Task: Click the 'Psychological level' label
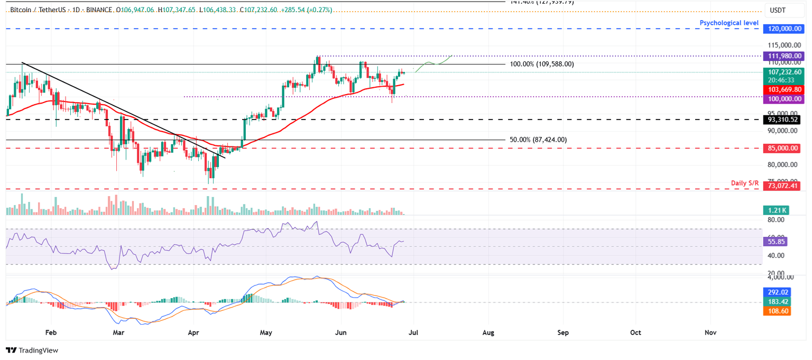(729, 23)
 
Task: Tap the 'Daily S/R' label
(744, 183)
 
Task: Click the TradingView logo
(32, 350)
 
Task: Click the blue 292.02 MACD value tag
(777, 291)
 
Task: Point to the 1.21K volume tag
(777, 210)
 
